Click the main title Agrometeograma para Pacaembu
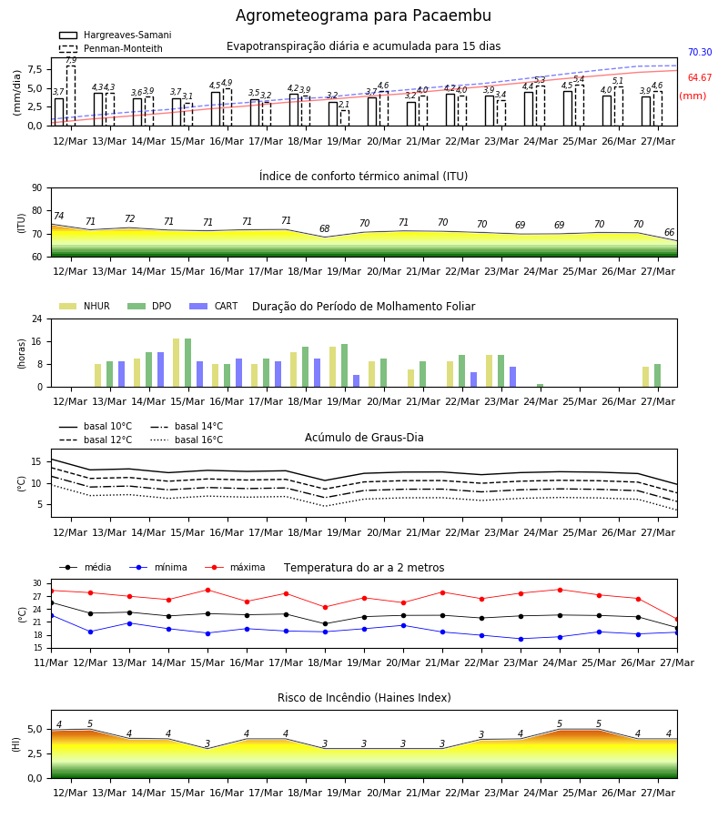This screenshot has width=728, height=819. click(x=363, y=15)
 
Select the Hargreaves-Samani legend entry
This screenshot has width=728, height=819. click(x=116, y=35)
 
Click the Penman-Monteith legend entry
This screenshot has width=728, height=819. click(x=111, y=48)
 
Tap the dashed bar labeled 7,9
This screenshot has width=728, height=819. click(x=71, y=96)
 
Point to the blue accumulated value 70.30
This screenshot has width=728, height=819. click(x=700, y=52)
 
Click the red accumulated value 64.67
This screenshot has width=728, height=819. click(x=700, y=78)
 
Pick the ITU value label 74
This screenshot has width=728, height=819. click(x=58, y=216)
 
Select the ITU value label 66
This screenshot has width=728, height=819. click(x=670, y=232)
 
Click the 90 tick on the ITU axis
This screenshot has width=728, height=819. click(x=37, y=188)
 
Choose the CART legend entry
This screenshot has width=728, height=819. click(x=214, y=306)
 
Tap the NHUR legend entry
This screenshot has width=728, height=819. click(x=85, y=306)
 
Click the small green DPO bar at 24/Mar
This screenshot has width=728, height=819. click(x=540, y=386)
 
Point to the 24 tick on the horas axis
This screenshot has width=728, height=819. click(x=37, y=318)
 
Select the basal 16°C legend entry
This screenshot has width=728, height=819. click(x=187, y=440)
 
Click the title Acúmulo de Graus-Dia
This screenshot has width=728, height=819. click(x=364, y=437)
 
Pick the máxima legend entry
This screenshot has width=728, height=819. click(x=235, y=567)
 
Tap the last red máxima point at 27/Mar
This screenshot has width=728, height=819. click(x=677, y=620)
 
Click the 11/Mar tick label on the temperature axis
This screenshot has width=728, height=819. click(x=51, y=662)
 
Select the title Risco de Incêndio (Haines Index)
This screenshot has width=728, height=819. click(x=364, y=697)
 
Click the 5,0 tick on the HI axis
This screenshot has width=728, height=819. click(x=35, y=729)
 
